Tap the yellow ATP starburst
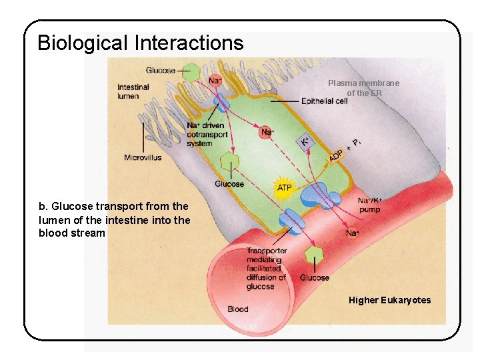(x=285, y=187)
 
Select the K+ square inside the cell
(x=305, y=141)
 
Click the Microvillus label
(x=143, y=157)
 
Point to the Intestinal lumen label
(x=133, y=91)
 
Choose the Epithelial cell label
(x=325, y=101)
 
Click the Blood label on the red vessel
(x=238, y=309)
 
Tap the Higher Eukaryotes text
(x=389, y=300)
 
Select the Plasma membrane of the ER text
(x=363, y=88)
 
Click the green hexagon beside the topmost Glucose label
(x=192, y=71)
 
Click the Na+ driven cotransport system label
(x=207, y=134)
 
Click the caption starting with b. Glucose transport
(x=114, y=220)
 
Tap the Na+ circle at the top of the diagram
(x=215, y=80)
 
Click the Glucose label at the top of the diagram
(x=161, y=71)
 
